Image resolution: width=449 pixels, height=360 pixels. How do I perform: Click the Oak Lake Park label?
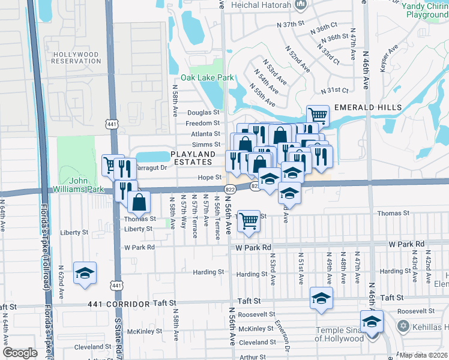pyautogui.click(x=207, y=77)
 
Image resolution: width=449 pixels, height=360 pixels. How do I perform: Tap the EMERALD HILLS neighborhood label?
pyautogui.click(x=367, y=107)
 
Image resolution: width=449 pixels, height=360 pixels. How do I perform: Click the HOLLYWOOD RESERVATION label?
pyautogui.click(x=76, y=58)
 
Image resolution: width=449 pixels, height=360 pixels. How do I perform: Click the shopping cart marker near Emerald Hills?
pyautogui.click(x=317, y=115)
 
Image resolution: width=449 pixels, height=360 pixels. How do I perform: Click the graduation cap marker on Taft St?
pyautogui.click(x=321, y=297)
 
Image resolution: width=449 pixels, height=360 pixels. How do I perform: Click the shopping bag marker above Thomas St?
pyautogui.click(x=139, y=201)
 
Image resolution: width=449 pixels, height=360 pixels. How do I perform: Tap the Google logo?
pyautogui.click(x=20, y=353)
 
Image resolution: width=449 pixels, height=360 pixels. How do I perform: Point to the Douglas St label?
pyautogui.click(x=203, y=112)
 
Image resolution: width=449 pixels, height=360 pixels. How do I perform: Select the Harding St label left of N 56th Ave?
pyautogui.click(x=208, y=272)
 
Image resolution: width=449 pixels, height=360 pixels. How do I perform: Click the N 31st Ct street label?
pyautogui.click(x=335, y=91)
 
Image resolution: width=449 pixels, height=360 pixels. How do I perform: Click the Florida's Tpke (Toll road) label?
pyautogui.click(x=46, y=312)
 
